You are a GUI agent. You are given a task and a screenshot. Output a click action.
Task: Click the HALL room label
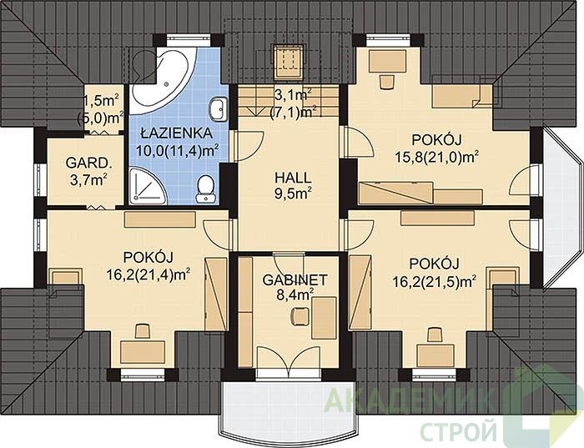pyautogui.click(x=293, y=178)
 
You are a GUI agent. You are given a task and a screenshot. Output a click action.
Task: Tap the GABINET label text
pyautogui.click(x=295, y=280)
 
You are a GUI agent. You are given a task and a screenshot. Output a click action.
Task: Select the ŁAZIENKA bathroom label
pyautogui.click(x=177, y=133)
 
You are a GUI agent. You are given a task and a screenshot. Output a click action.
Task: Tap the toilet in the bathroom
pyautogui.click(x=205, y=189)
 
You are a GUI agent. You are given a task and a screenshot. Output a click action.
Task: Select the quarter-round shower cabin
pyautogui.click(x=148, y=186)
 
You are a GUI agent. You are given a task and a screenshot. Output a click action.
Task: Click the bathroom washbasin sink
pyautogui.click(x=219, y=109)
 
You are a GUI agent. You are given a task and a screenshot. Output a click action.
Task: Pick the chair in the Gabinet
pyautogui.click(x=300, y=316)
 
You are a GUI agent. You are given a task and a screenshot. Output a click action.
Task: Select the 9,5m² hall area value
pyautogui.click(x=293, y=194)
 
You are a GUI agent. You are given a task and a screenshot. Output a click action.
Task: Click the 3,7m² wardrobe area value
pyautogui.click(x=88, y=179)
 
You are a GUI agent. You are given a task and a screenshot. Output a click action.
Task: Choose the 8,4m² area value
pyautogui.click(x=295, y=295)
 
